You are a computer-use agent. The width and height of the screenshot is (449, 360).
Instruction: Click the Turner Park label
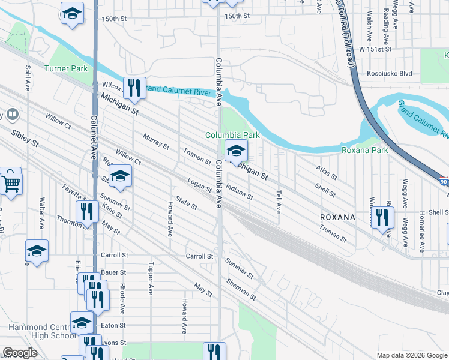tap(66, 68)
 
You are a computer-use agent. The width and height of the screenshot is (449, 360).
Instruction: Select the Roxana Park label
tap(364, 150)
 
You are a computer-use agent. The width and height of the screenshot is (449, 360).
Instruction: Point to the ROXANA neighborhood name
tap(337, 216)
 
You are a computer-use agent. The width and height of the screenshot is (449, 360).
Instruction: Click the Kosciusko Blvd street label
tap(389, 74)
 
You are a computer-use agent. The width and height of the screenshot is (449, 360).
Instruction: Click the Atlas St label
tap(327, 173)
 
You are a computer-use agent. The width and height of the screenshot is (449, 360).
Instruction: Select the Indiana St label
tap(240, 193)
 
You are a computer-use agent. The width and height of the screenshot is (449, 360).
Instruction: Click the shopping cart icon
tap(11, 183)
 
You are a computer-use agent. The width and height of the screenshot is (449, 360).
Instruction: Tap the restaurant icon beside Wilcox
tap(134, 89)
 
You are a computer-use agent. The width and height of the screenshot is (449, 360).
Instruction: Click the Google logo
tap(20, 353)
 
